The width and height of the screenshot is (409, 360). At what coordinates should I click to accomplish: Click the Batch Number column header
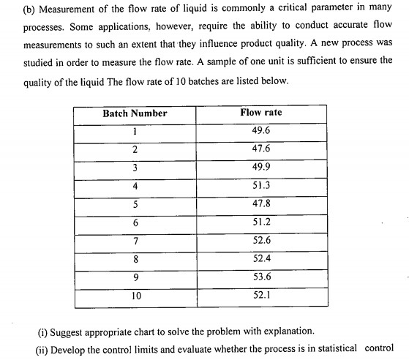pyautogui.click(x=135, y=113)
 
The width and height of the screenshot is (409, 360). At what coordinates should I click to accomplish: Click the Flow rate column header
pyautogui.click(x=261, y=113)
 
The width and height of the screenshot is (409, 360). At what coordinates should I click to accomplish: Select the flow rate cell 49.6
pyautogui.click(x=261, y=131)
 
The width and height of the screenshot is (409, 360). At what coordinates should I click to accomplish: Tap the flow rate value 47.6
pyautogui.click(x=261, y=149)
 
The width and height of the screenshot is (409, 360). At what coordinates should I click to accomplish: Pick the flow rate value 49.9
pyautogui.click(x=261, y=168)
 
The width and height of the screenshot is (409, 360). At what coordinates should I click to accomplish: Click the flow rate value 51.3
pyautogui.click(x=261, y=186)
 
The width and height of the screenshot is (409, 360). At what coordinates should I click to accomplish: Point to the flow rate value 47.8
pyautogui.click(x=261, y=205)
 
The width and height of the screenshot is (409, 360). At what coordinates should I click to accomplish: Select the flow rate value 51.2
pyautogui.click(x=261, y=223)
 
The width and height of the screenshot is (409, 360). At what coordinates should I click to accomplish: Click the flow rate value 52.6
pyautogui.click(x=261, y=241)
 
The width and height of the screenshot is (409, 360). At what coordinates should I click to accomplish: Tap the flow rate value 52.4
pyautogui.click(x=261, y=259)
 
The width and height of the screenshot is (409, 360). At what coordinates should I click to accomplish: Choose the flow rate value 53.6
pyautogui.click(x=261, y=277)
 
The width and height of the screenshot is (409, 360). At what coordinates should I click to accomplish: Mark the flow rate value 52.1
pyautogui.click(x=261, y=296)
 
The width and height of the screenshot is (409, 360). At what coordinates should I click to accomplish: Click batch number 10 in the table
pyautogui.click(x=135, y=296)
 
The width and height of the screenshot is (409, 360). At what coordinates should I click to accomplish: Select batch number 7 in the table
pyautogui.click(x=135, y=241)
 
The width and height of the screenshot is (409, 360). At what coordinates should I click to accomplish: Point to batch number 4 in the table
pyautogui.click(x=135, y=186)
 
